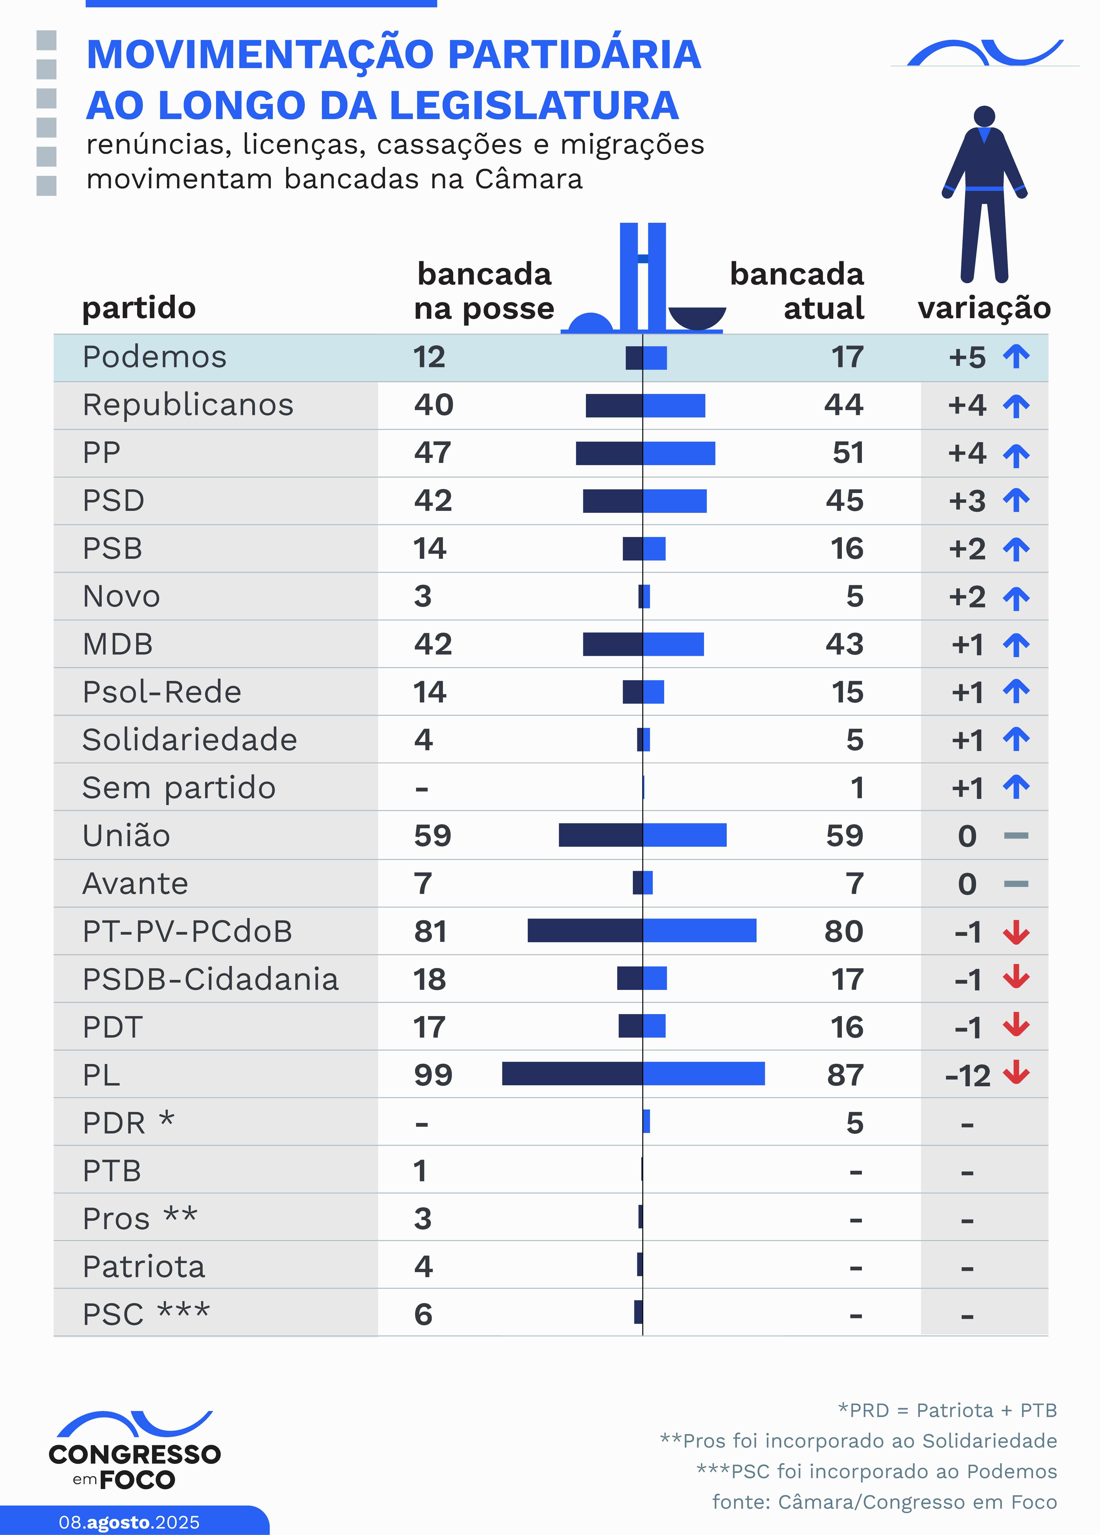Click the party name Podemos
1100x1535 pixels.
tap(154, 357)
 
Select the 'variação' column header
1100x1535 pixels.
tap(984, 308)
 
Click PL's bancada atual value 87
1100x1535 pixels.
tap(845, 1075)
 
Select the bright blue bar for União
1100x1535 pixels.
tap(685, 835)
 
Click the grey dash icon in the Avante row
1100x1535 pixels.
tap(1016, 884)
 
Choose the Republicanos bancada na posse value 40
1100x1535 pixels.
tap(434, 405)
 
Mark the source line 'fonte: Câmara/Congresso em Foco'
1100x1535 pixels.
tap(884, 1502)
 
